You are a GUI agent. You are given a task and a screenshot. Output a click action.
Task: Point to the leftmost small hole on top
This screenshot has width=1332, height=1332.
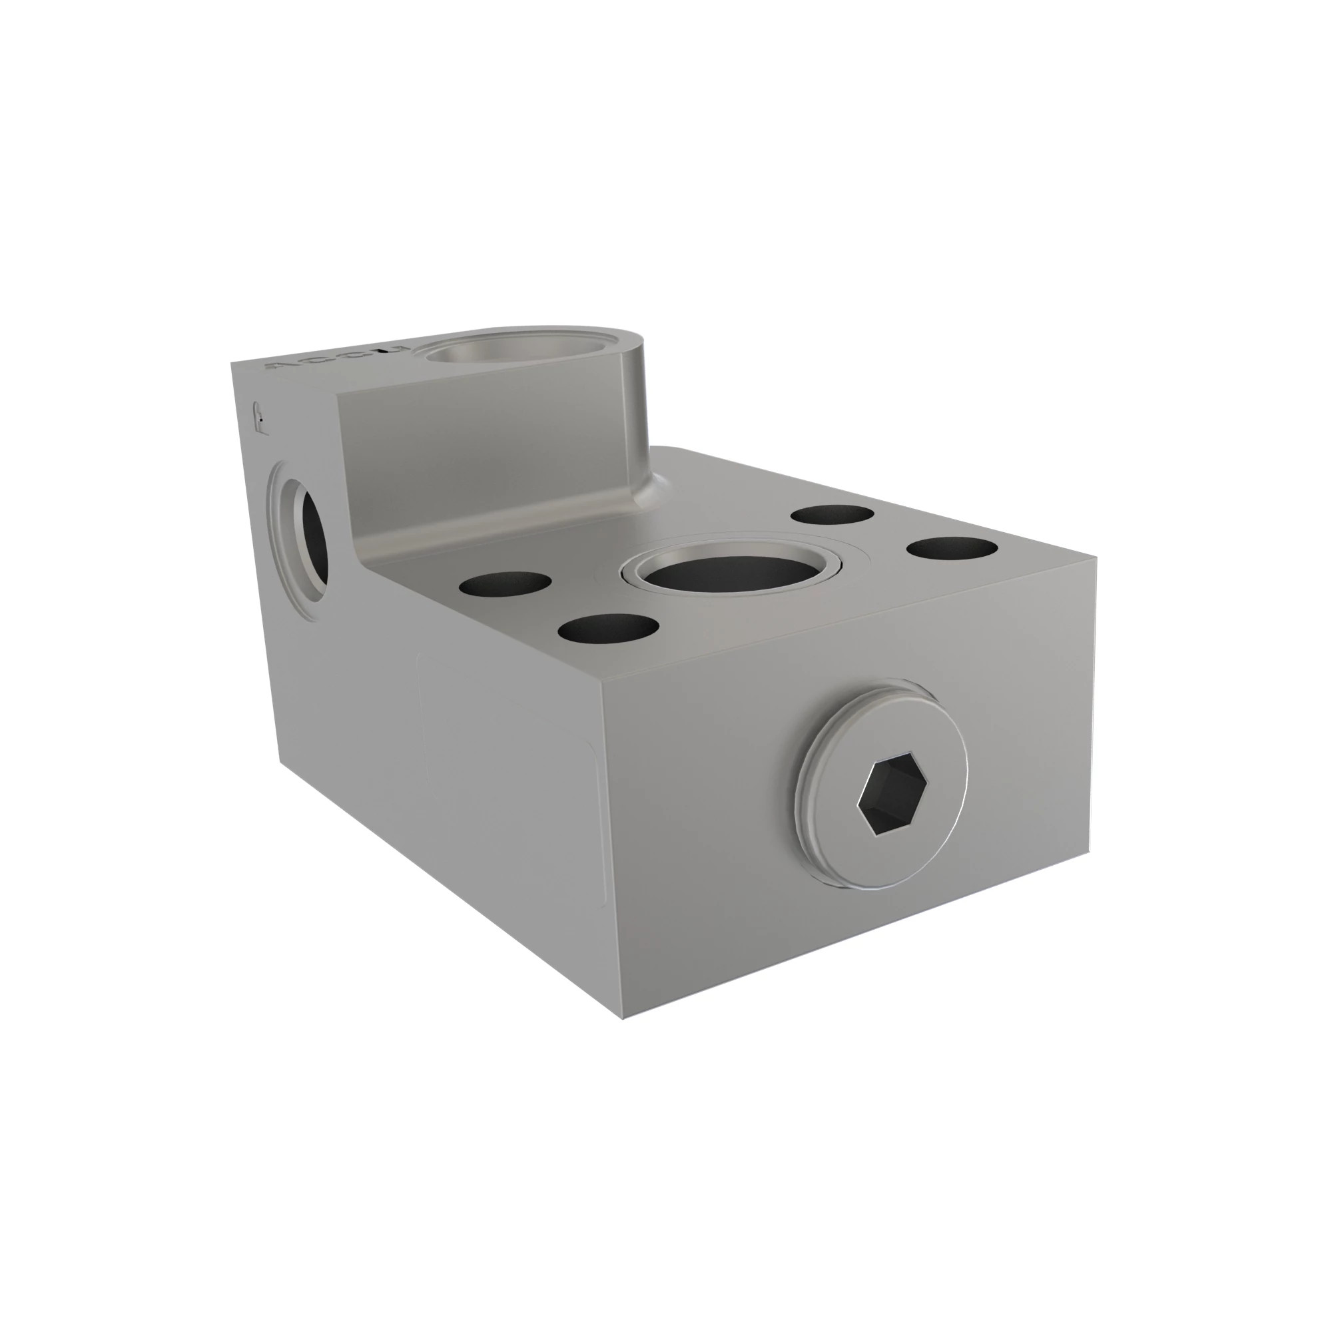click(x=505, y=585)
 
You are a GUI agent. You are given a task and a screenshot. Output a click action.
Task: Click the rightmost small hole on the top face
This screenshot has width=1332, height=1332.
click(x=952, y=549)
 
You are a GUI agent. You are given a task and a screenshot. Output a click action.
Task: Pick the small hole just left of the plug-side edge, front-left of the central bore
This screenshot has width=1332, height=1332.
click(x=608, y=627)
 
